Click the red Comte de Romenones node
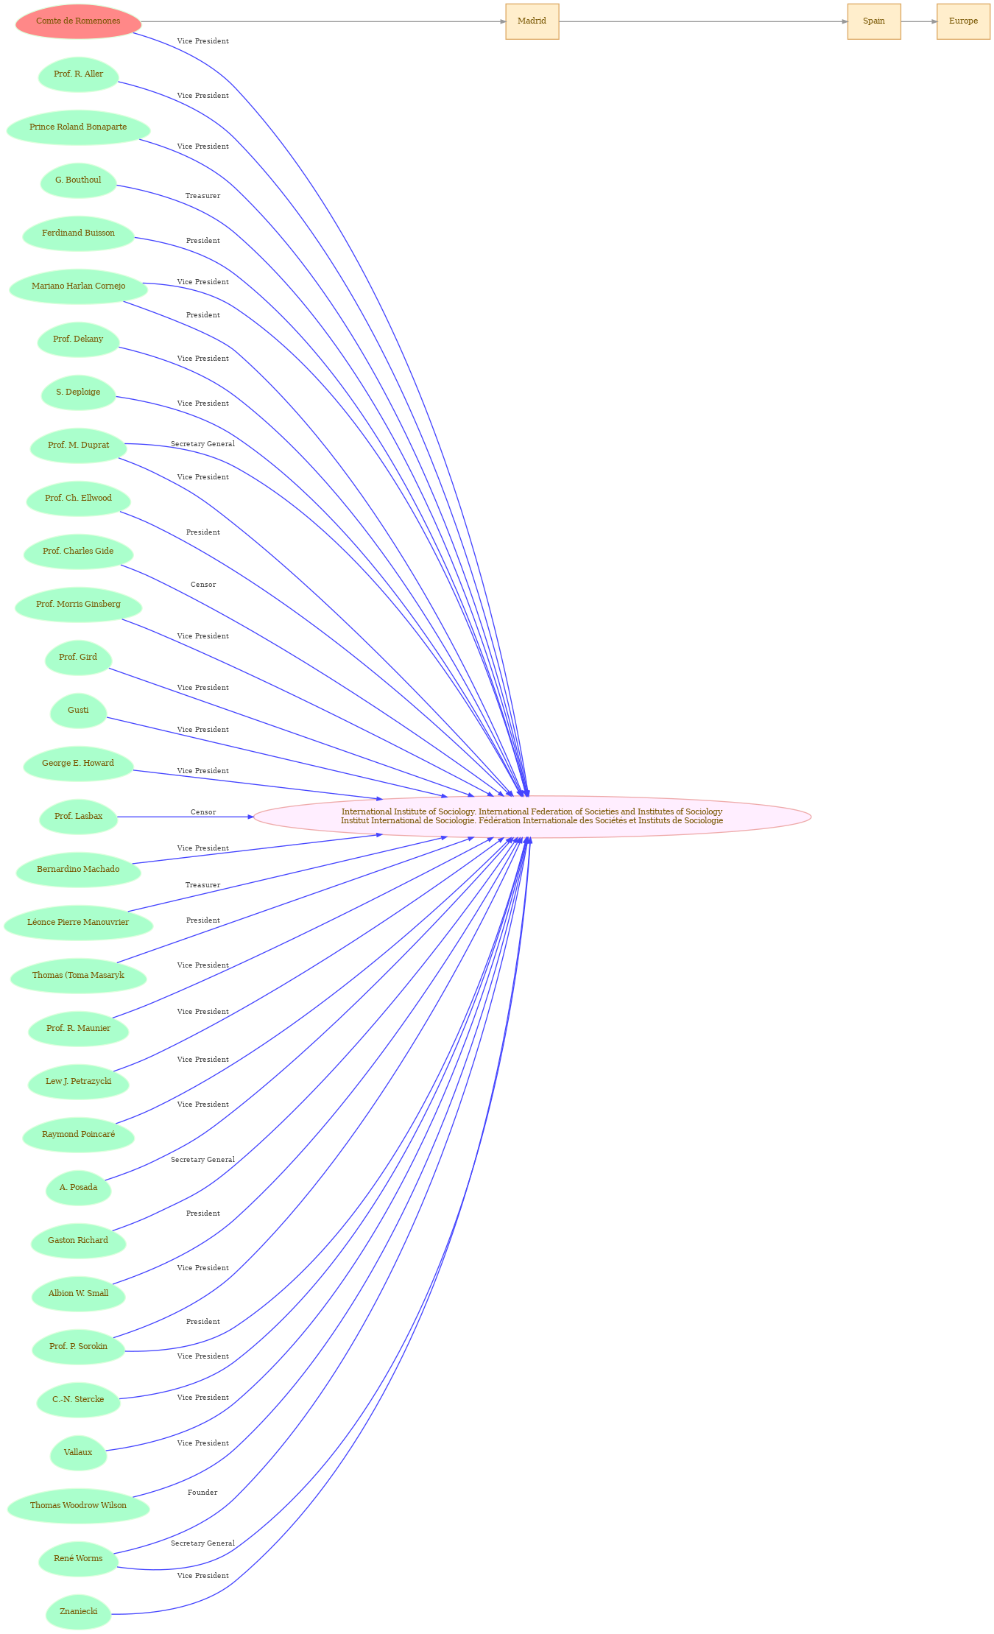pos(78,21)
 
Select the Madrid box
pos(532,21)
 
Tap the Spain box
pos(874,21)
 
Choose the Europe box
pos(963,21)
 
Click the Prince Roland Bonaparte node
pos(78,127)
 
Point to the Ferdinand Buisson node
pos(78,233)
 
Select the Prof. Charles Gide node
pos(78,552)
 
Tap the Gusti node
pos(78,711)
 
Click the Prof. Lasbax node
pos(78,817)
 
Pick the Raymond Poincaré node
pos(78,1135)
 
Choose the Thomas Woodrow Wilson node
pos(78,1506)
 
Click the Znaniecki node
pos(78,1612)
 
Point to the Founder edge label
pos(202,1493)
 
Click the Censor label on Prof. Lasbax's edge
pos(203,812)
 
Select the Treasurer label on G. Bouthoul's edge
pos(202,196)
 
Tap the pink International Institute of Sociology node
pos(532,817)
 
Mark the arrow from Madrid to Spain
pos(703,21)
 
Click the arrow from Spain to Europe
pos(919,21)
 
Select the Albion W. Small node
pos(78,1294)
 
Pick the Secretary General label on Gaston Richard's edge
pos(202,1160)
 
